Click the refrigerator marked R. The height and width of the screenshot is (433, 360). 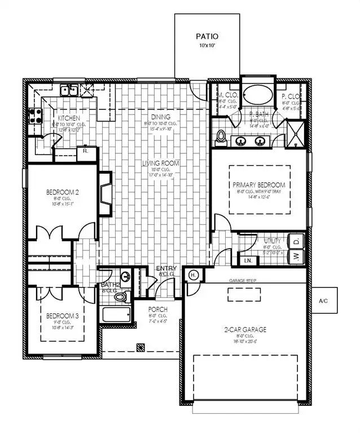point(85,151)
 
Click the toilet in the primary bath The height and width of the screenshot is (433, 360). point(222,137)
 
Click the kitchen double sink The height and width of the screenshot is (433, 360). point(71,89)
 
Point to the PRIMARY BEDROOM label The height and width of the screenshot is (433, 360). point(258,185)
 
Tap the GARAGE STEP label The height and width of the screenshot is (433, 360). point(243,280)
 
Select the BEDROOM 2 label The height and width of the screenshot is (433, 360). point(62,192)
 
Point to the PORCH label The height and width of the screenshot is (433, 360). point(157,310)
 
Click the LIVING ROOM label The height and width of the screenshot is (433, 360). point(160,164)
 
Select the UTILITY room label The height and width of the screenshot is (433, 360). point(272,241)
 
